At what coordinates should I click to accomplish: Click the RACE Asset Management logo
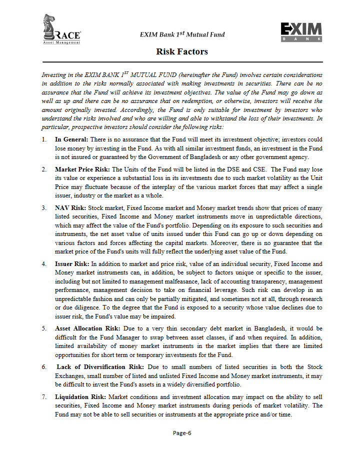click(x=62, y=30)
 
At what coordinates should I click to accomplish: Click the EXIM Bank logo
click(x=301, y=32)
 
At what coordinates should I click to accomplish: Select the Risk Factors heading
click(x=182, y=51)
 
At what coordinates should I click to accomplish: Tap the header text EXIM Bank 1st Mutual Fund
click(x=182, y=34)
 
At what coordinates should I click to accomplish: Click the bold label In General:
click(x=71, y=139)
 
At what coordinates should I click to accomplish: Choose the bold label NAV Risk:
click(x=70, y=207)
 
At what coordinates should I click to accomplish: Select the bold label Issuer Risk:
click(x=72, y=263)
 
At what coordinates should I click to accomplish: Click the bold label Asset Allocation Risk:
click(x=87, y=328)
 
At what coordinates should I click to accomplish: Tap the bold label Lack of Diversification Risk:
click(x=100, y=367)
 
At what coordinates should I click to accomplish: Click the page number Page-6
click(x=182, y=433)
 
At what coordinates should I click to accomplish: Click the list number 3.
click(x=44, y=207)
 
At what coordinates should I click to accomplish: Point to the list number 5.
click(x=44, y=328)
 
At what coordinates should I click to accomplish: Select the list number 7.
click(x=44, y=396)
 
